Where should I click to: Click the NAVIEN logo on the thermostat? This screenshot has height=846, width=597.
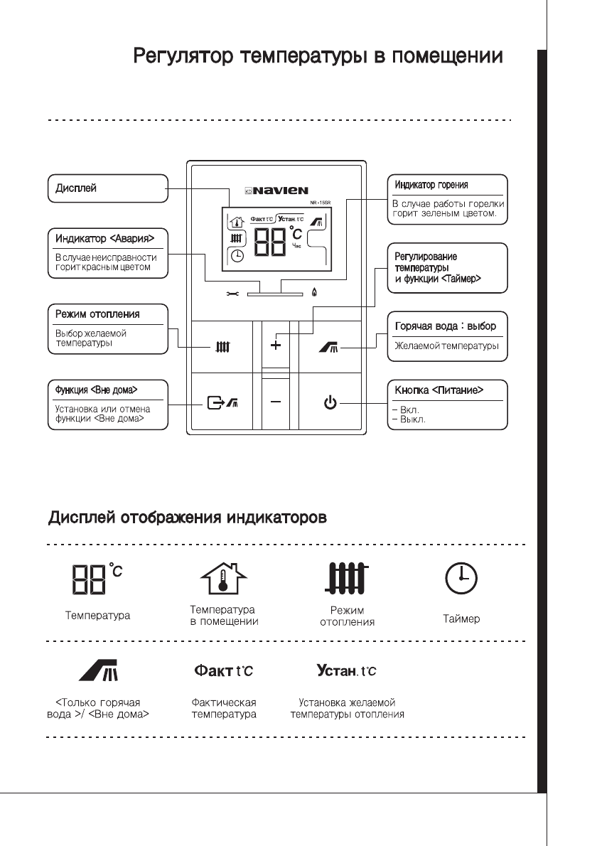(281, 191)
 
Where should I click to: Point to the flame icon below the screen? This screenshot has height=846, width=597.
(315, 291)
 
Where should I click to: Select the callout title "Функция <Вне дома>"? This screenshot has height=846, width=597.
(96, 390)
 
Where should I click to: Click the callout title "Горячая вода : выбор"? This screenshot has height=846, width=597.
(445, 326)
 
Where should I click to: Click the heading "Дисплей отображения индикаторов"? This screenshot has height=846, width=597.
(188, 517)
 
